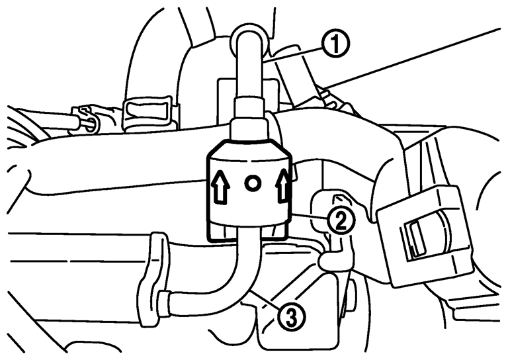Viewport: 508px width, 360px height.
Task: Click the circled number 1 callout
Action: coord(335,45)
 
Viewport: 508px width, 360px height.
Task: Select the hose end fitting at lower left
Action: coord(163,303)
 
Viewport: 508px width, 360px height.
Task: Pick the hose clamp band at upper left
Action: coord(147,113)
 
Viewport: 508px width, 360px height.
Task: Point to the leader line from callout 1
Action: coord(293,53)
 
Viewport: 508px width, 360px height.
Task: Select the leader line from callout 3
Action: coord(264,300)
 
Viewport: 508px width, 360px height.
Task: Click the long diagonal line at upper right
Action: coord(412,58)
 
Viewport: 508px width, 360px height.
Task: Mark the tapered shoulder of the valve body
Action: coord(249,150)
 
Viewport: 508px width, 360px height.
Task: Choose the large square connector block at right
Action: coord(425,236)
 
